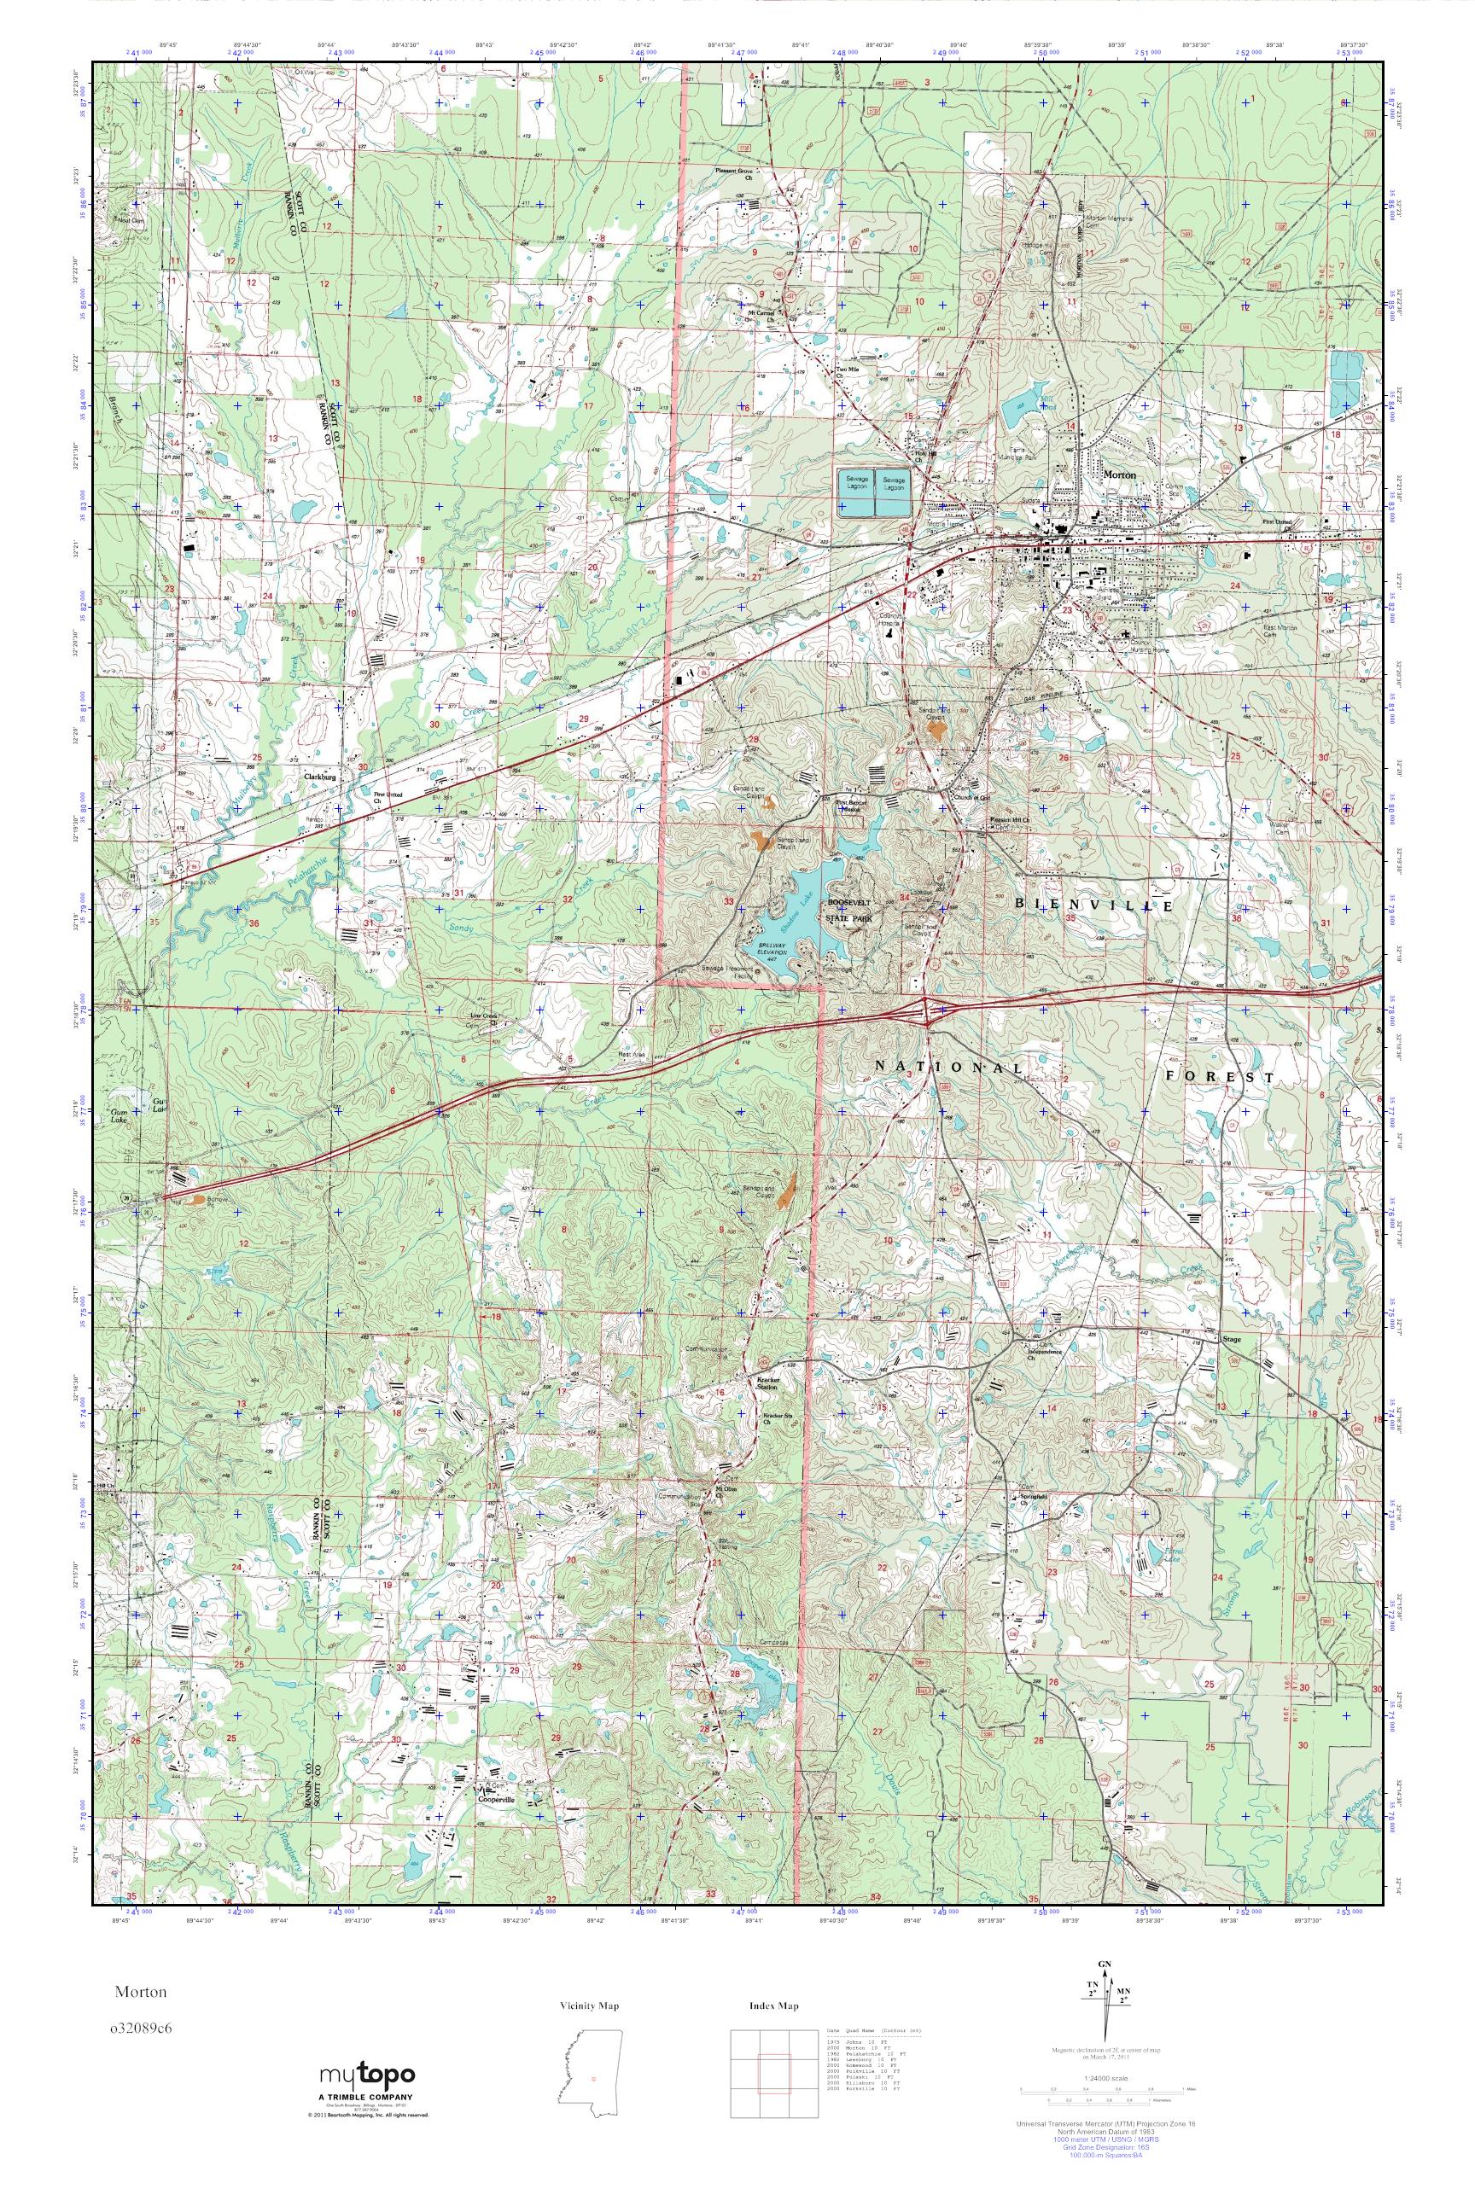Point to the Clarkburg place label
(320, 777)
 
